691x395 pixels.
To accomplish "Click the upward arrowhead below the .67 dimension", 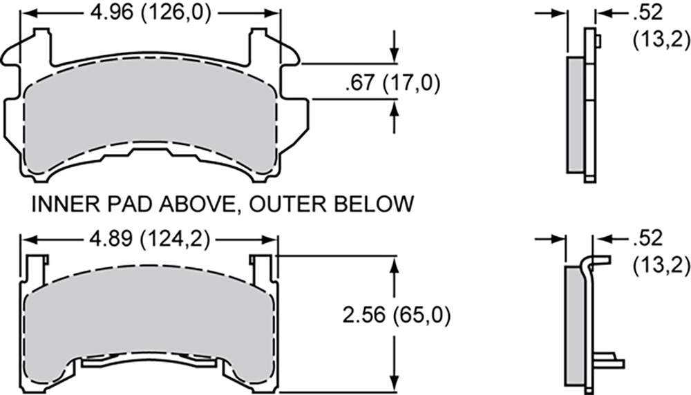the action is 395,108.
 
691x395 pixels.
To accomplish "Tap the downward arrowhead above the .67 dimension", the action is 395,55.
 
